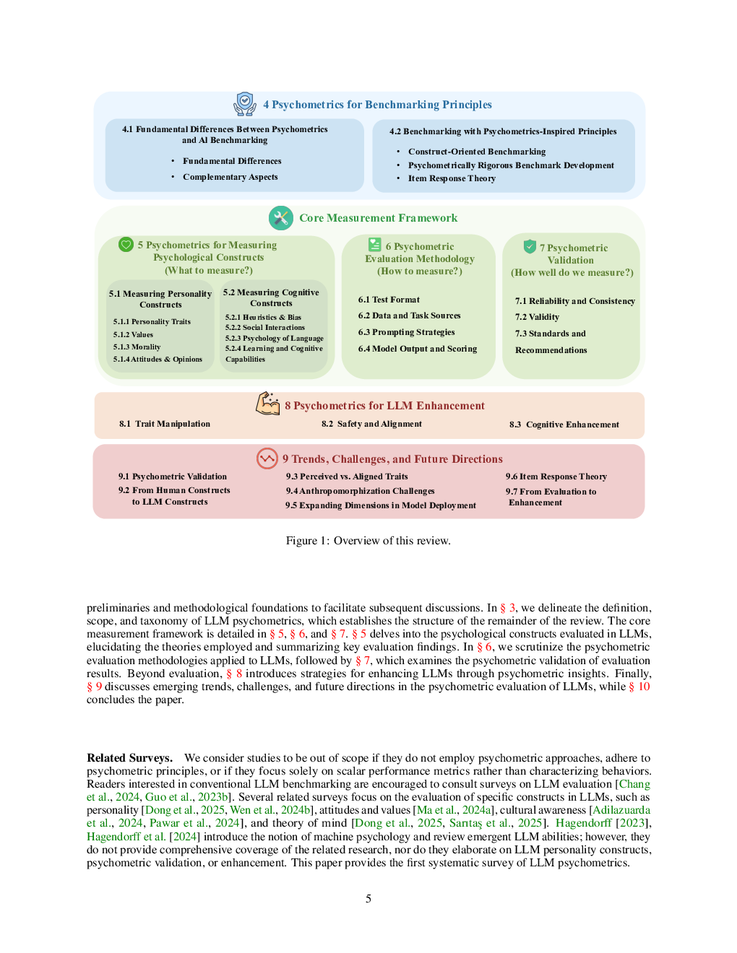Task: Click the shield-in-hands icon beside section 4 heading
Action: (x=244, y=104)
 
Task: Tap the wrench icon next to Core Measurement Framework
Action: (x=281, y=218)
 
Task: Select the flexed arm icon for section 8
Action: (x=268, y=404)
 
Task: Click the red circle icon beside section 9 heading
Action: (x=267, y=458)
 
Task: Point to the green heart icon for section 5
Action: (x=126, y=244)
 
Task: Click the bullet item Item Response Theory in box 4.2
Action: (x=452, y=178)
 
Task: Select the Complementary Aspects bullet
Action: (x=230, y=177)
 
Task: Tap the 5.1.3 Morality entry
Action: (x=137, y=347)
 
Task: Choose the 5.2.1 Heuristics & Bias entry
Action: (x=263, y=317)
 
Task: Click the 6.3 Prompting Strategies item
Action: (x=406, y=332)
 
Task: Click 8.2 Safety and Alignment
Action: (x=371, y=424)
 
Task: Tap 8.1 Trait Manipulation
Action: (x=165, y=424)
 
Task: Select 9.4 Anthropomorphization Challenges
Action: (x=360, y=491)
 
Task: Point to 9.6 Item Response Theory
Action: (x=556, y=476)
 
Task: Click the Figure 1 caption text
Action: (x=368, y=540)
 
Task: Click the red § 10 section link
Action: (x=639, y=686)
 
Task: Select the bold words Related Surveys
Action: (x=129, y=757)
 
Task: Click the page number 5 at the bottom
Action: (x=368, y=899)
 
